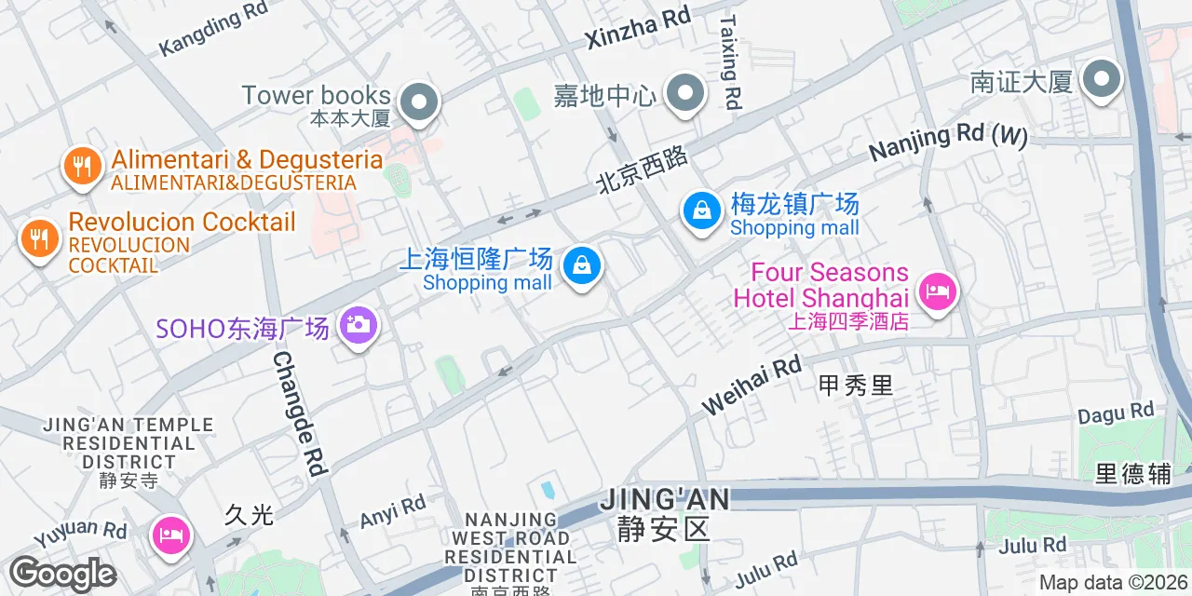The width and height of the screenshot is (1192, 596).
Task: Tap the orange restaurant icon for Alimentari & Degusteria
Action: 83,167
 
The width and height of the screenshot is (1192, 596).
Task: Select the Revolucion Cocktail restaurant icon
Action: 39,239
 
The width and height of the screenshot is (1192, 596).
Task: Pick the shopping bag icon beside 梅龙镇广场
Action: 702,210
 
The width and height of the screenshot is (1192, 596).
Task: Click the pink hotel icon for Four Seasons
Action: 937,292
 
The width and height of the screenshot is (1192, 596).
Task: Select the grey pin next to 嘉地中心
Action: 686,93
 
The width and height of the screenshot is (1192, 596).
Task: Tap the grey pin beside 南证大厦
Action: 1102,80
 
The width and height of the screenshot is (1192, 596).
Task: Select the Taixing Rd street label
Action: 731,61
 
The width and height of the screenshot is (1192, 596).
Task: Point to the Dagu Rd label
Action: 1116,413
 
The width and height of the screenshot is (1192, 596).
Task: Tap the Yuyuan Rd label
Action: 80,535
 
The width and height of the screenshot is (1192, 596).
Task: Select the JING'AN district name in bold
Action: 664,499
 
